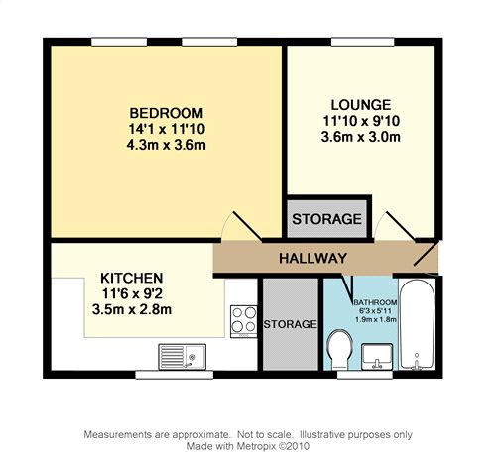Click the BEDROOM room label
(x=166, y=113)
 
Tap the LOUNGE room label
(x=361, y=105)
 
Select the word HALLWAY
(x=312, y=258)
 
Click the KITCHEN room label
(x=132, y=278)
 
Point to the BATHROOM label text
(x=375, y=302)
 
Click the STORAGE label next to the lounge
(x=326, y=219)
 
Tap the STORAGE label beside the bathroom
(x=290, y=324)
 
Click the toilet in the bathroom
(x=339, y=350)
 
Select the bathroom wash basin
(x=377, y=356)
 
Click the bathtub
(x=417, y=325)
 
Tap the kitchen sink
(x=182, y=357)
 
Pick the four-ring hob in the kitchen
(x=244, y=321)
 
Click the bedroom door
(x=247, y=226)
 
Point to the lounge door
(x=401, y=226)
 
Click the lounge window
(x=363, y=42)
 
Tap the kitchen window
(x=175, y=375)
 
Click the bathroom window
(x=365, y=375)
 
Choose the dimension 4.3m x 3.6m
(x=166, y=145)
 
